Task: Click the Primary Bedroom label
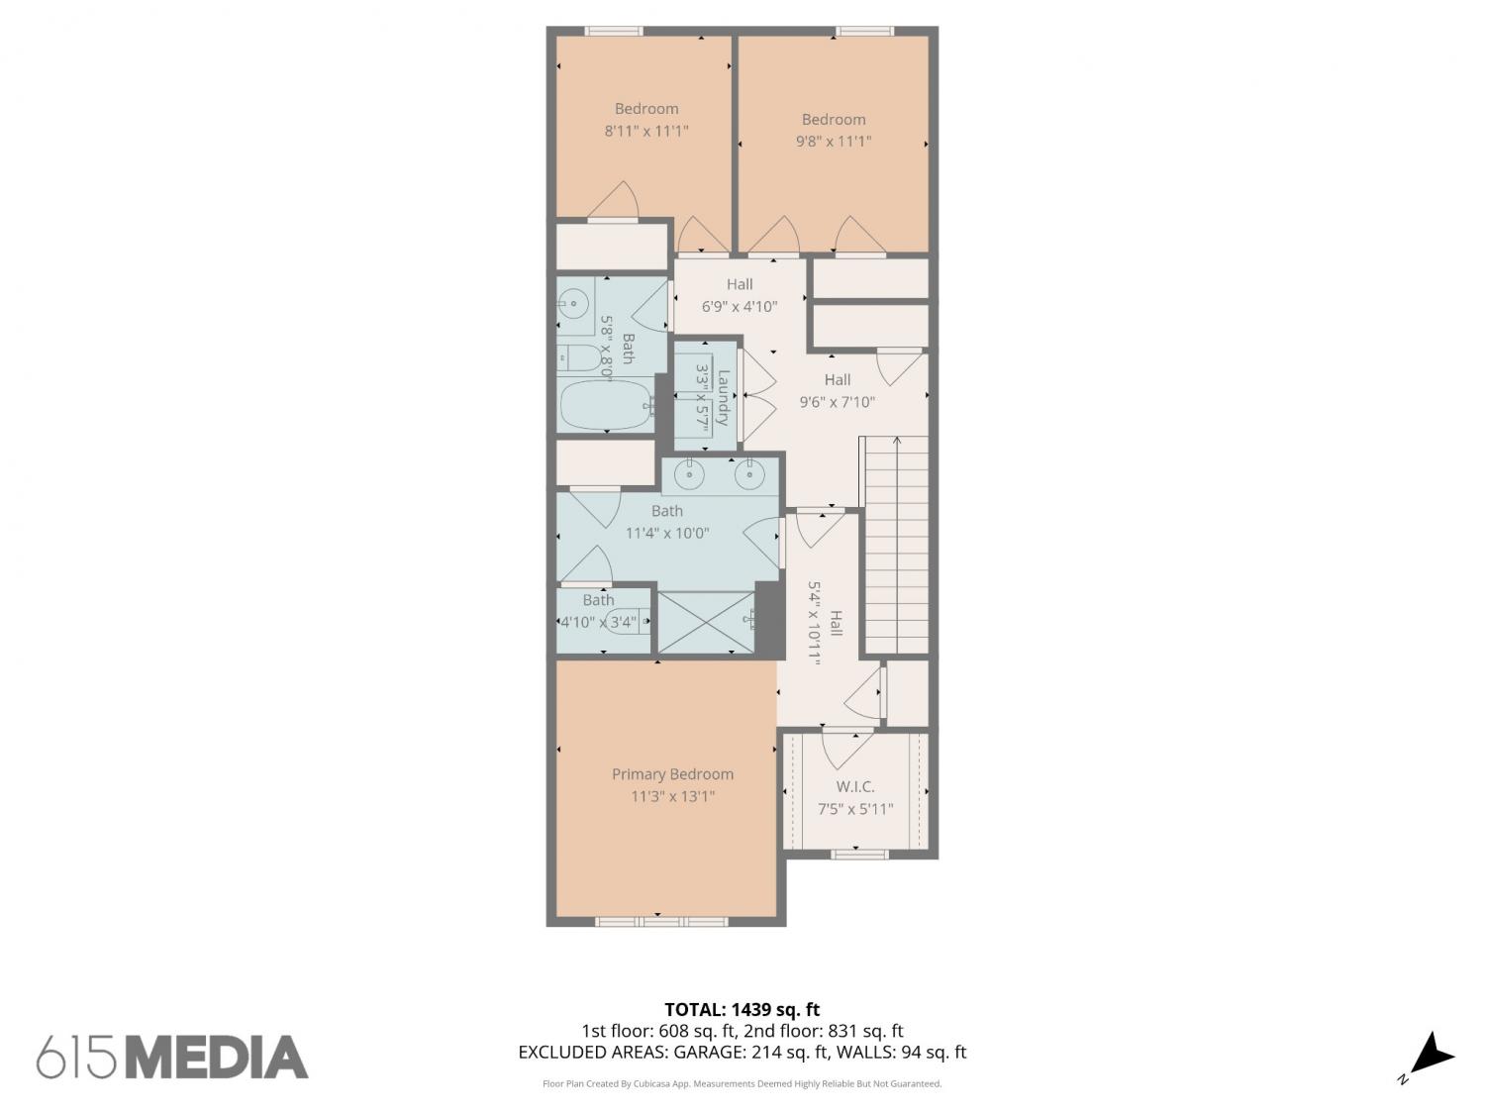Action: pos(672,773)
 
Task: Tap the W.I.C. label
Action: pos(855,786)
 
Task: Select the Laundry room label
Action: pos(723,398)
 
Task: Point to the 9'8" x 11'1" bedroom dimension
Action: pos(834,142)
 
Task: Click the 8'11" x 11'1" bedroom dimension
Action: pos(646,131)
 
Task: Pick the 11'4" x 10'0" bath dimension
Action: pos(667,533)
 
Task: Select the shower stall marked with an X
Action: pos(706,623)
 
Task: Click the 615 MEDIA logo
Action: pos(172,1057)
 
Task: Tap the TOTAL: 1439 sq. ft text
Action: pos(742,1010)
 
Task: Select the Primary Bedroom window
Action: pos(661,921)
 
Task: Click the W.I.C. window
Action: pos(859,855)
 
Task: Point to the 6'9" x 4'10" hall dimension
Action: pos(740,306)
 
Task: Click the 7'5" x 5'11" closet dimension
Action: pos(855,809)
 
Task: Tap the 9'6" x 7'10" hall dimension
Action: pos(837,402)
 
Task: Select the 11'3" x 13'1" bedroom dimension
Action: pos(672,796)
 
